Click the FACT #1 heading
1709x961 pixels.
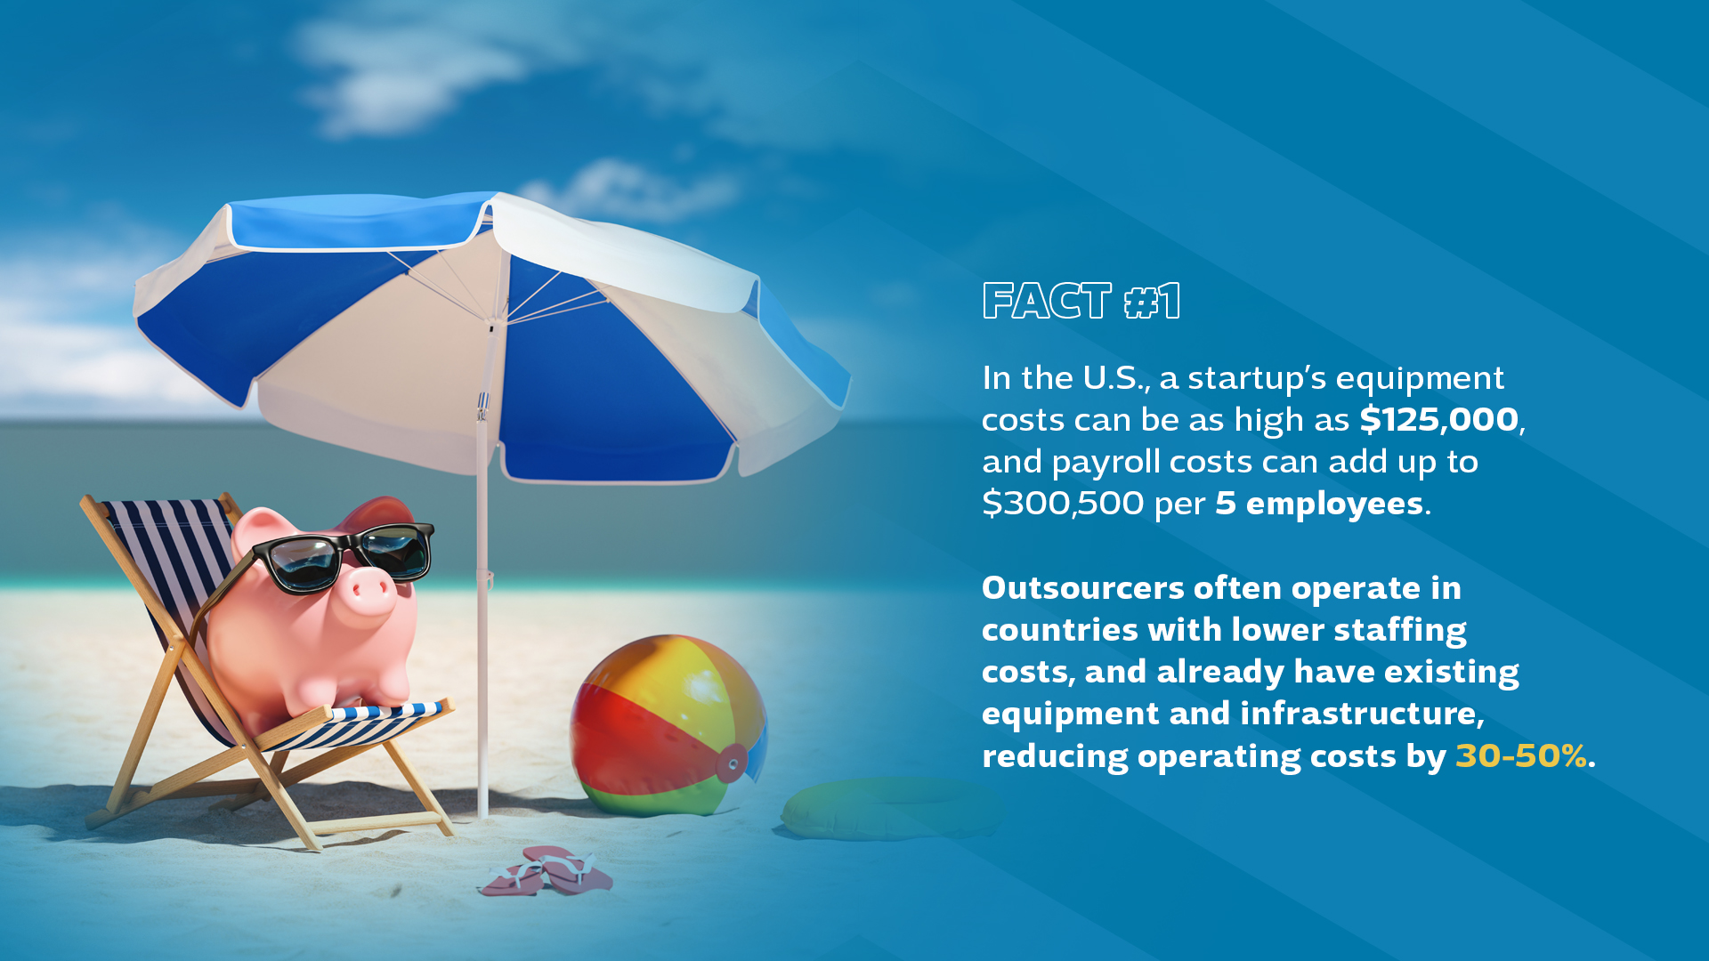click(1081, 301)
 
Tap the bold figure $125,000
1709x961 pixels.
click(1438, 419)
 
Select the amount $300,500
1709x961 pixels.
click(1063, 504)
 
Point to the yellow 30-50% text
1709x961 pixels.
click(1520, 755)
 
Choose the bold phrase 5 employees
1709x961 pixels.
click(1320, 505)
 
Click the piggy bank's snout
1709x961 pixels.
click(368, 592)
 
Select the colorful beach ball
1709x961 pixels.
click(668, 725)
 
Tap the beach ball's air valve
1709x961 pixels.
click(733, 763)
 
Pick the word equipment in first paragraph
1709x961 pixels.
click(1420, 379)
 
